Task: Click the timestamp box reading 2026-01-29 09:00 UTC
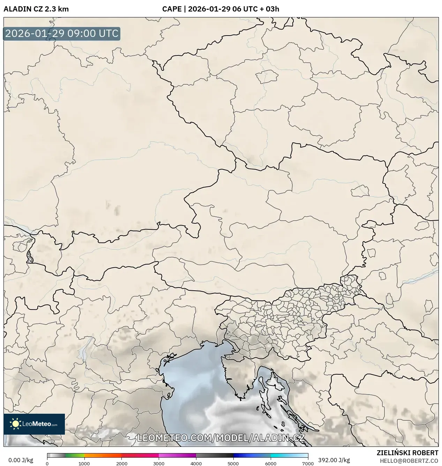62,33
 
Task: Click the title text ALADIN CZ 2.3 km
36,9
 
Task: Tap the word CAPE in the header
171,9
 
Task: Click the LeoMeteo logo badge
34,424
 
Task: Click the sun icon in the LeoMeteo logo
15,424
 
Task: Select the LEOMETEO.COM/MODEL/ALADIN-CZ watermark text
221,438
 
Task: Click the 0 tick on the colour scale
47,464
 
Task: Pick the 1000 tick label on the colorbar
84,464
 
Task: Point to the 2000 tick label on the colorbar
121,464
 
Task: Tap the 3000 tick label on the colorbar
159,464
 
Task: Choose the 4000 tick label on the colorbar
196,464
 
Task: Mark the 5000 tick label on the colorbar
233,464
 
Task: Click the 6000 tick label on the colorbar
270,464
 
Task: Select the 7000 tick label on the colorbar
308,464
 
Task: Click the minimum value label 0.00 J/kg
21,460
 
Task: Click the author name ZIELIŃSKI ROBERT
407,453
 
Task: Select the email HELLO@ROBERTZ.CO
409,461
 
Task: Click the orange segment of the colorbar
103,455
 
